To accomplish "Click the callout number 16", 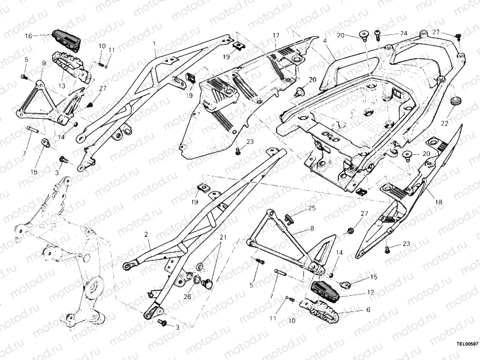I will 28,36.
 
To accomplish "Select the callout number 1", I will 154,44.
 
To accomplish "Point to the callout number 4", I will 325,41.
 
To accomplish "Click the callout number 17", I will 276,36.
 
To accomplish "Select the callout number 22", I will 444,123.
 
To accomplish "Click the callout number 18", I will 439,203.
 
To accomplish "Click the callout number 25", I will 311,208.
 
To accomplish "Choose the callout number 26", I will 187,296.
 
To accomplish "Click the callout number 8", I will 312,229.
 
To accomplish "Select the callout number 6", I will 368,310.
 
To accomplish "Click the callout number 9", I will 44,63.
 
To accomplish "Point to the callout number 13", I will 61,86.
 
